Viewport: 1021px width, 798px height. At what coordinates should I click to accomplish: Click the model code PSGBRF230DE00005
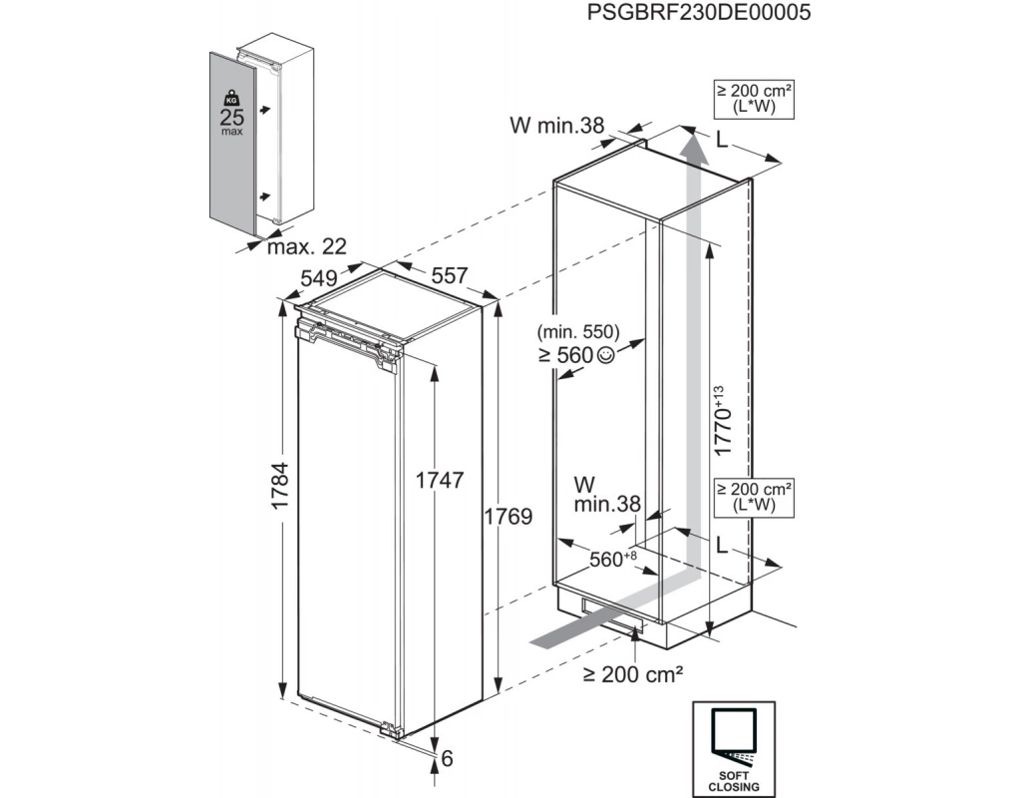(698, 13)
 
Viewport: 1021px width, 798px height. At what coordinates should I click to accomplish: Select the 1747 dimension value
(439, 480)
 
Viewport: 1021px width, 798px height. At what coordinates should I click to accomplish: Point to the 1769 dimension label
(508, 517)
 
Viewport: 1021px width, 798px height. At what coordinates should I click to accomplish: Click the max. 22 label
(300, 245)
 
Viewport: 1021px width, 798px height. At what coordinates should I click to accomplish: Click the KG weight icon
(231, 98)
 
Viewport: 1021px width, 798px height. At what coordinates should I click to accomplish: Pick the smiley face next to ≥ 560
(607, 355)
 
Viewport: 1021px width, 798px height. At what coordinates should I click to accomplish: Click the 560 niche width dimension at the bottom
(609, 560)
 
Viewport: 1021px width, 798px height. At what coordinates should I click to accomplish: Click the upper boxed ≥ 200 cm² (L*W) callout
(754, 98)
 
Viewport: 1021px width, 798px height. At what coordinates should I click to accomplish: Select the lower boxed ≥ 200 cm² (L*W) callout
(754, 496)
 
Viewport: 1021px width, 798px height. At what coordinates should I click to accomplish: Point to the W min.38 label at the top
(557, 126)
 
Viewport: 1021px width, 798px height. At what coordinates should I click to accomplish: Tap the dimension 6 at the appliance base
(447, 759)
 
